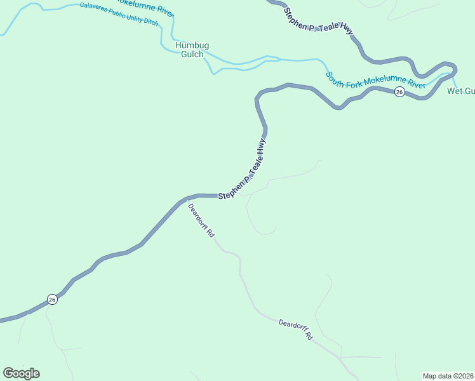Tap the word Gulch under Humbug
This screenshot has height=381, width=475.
pyautogui.click(x=192, y=55)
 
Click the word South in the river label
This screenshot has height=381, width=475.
pyautogui.click(x=337, y=77)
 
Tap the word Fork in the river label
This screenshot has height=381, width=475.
pyautogui.click(x=354, y=81)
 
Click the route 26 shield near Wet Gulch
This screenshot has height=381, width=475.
pyautogui.click(x=399, y=92)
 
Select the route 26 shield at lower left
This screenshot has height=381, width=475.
pyautogui.click(x=53, y=299)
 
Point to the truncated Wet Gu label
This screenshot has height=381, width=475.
pyautogui.click(x=461, y=91)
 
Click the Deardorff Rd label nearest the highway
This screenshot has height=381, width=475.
pyautogui.click(x=201, y=220)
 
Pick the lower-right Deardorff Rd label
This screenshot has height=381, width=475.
pyautogui.click(x=296, y=330)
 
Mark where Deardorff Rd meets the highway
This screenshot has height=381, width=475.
pyautogui.click(x=187, y=199)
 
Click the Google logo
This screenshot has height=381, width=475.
pyautogui.click(x=22, y=373)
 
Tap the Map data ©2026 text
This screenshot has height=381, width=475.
pyautogui.click(x=448, y=376)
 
